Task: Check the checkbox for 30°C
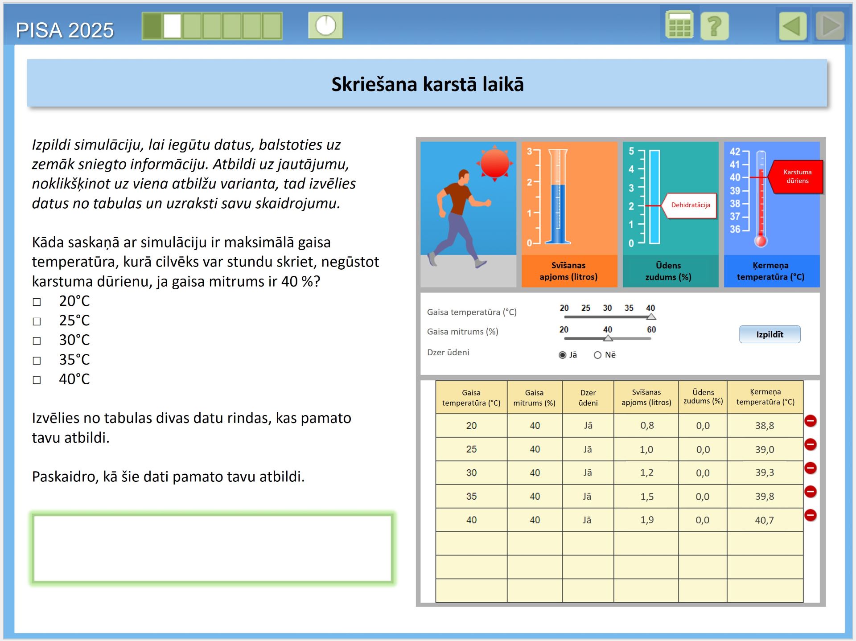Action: tap(37, 341)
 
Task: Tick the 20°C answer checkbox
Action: tap(37, 302)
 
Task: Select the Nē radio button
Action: tap(597, 355)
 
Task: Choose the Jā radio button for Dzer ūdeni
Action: tap(563, 355)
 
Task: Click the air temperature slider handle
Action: tap(651, 317)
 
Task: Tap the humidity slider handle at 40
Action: tap(608, 338)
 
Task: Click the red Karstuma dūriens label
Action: tap(797, 177)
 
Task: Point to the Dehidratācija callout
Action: tap(690, 205)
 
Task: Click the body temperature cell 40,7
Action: tap(764, 520)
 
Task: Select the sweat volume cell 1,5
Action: tap(646, 497)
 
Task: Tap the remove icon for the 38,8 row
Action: tap(810, 421)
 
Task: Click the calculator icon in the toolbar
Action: tap(679, 25)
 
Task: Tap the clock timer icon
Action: tap(325, 25)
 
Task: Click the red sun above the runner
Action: tap(494, 164)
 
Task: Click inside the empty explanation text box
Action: tap(212, 548)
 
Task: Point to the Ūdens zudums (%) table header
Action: tap(703, 397)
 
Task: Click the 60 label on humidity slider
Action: tap(651, 329)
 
